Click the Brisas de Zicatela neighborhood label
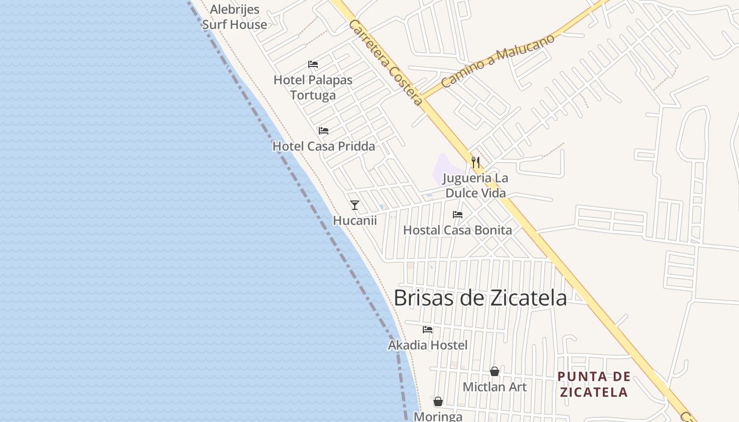click(x=480, y=298)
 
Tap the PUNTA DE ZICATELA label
click(x=594, y=384)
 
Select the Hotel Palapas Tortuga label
click(x=313, y=88)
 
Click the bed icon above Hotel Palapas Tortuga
click(x=313, y=65)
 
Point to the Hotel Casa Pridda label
click(x=324, y=146)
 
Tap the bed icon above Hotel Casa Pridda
click(x=324, y=131)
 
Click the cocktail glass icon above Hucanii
click(x=355, y=205)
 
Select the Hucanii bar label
click(x=355, y=220)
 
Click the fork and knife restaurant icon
click(x=476, y=162)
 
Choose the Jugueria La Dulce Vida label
click(x=476, y=186)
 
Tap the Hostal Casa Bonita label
click(x=457, y=230)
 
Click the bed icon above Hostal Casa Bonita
click(x=458, y=215)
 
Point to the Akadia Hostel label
click(x=428, y=345)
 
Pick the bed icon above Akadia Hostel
click(x=428, y=330)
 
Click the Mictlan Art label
click(x=495, y=387)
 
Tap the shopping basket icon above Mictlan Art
click(x=495, y=372)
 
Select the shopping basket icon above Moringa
click(x=438, y=402)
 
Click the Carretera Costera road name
click(x=386, y=63)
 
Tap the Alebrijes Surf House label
click(x=234, y=17)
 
